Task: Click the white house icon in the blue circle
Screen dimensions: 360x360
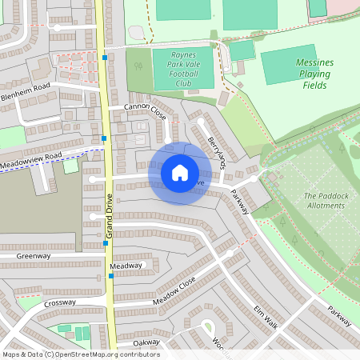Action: pos(179,173)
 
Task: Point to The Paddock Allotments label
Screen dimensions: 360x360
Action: pos(324,200)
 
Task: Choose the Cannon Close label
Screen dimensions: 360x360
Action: pos(145,110)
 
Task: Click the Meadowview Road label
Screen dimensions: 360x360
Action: pos(31,158)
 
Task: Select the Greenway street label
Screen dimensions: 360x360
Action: pos(34,256)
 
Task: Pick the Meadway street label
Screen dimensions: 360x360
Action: pos(126,266)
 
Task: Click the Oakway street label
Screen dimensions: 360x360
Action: pos(146,342)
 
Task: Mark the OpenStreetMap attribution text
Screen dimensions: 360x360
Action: pos(80,354)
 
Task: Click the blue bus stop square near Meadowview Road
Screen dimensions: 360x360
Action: pos(104,138)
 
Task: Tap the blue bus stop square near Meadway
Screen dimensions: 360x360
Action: pos(110,276)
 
